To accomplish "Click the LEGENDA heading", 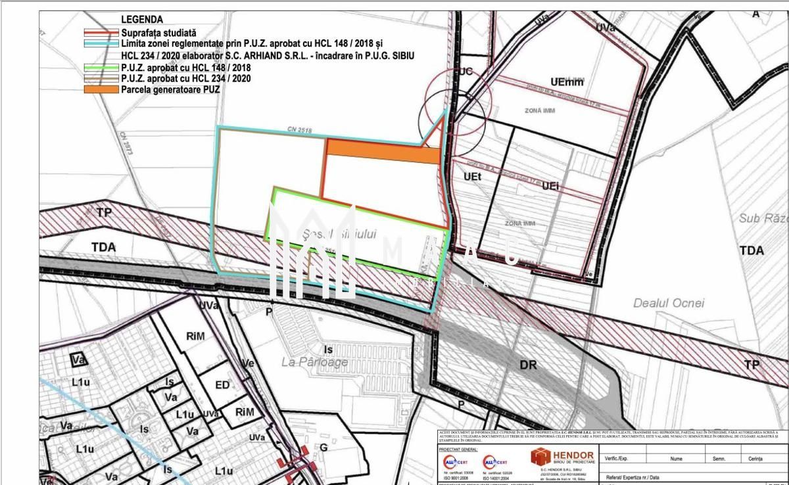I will [x=142, y=20].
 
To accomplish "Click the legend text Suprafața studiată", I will [x=158, y=32].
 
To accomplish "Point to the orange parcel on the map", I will [x=383, y=152].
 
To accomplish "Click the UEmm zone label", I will [x=567, y=82].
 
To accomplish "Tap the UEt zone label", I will [x=472, y=177].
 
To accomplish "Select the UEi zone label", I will [x=550, y=186].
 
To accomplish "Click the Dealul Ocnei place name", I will [x=668, y=303].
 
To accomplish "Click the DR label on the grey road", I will [x=528, y=365].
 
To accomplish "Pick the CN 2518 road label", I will [x=299, y=131].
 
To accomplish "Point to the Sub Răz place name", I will [x=763, y=218].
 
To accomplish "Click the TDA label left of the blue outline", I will [x=104, y=247].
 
